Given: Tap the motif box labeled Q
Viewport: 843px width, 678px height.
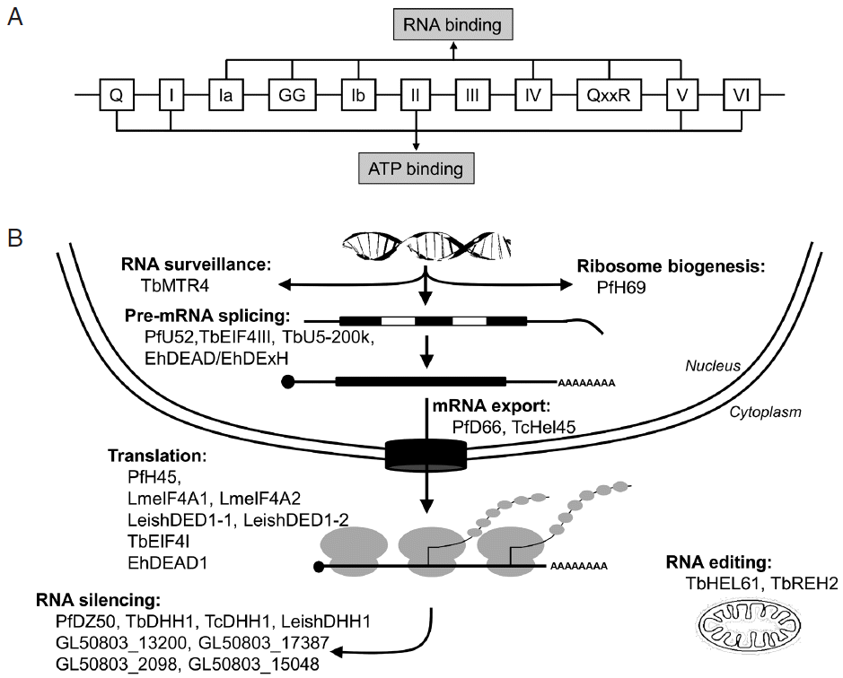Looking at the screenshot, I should click(116, 92).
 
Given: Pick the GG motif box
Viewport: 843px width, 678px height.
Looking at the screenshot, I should click(294, 92).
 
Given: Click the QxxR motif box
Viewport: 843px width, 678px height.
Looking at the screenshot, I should click(610, 92).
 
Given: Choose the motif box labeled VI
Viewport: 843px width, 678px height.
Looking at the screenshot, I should click(746, 92).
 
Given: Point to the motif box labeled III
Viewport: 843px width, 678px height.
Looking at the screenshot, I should click(476, 92).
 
